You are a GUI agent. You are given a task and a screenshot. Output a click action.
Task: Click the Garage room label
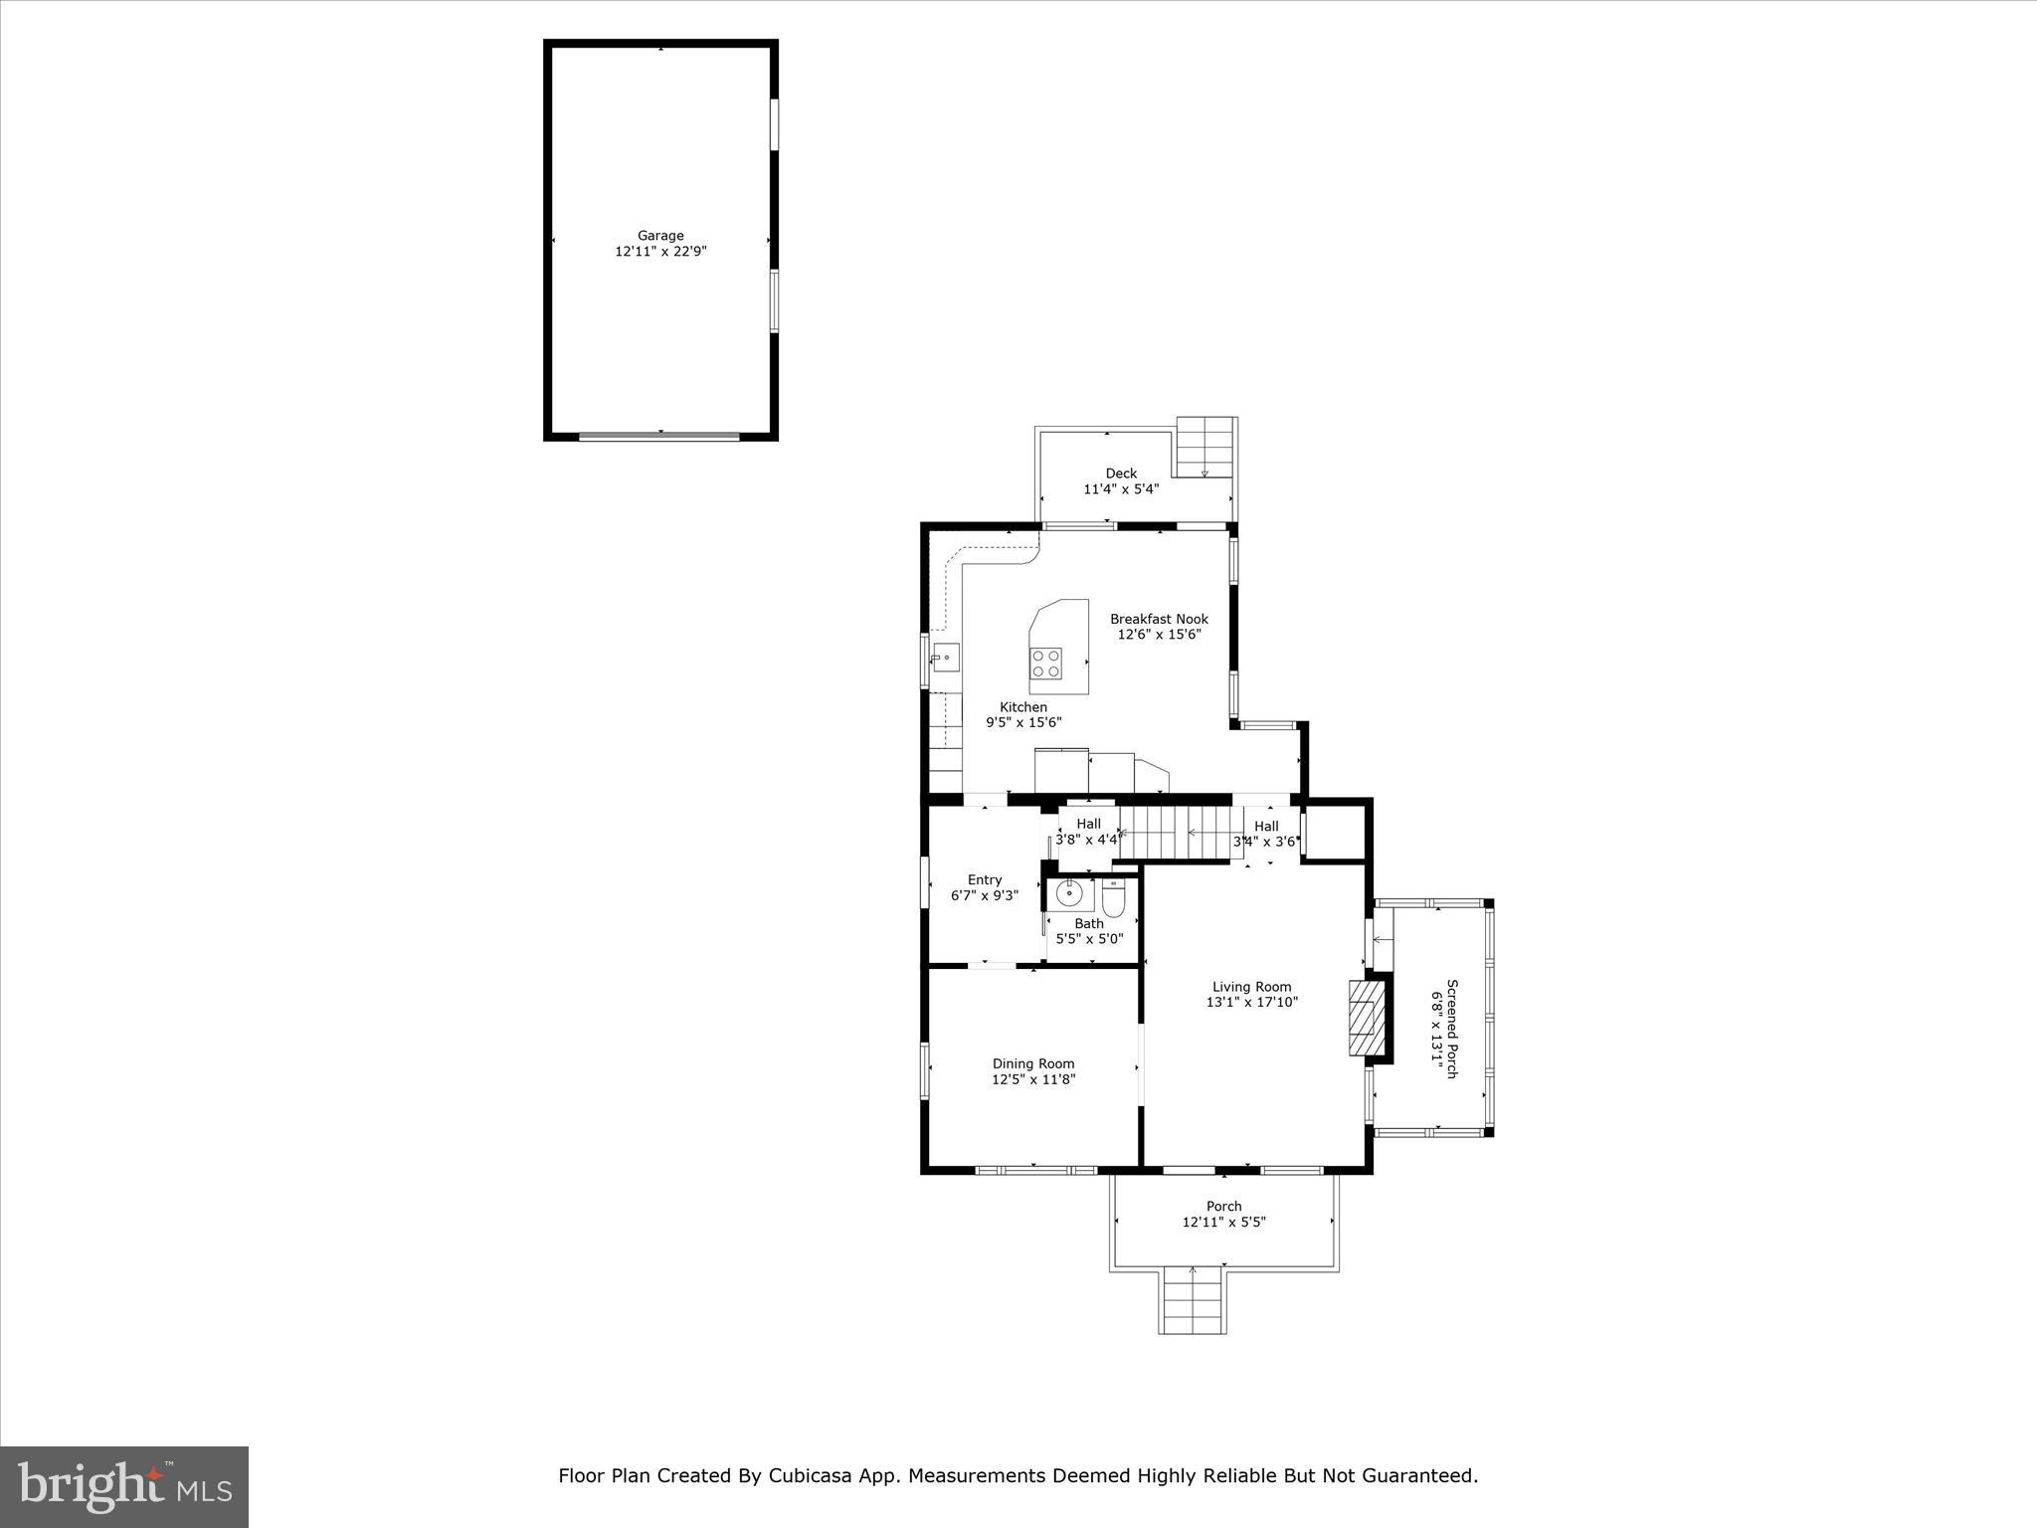pos(660,236)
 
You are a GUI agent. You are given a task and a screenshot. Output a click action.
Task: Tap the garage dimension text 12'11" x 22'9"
pos(660,252)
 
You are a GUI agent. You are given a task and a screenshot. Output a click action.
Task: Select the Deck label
pos(1121,474)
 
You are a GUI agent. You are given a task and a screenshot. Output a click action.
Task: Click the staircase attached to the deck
pos(1204,448)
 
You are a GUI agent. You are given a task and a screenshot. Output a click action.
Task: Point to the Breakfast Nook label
pos(1159,619)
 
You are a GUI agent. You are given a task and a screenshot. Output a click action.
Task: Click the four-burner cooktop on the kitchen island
pos(1045,664)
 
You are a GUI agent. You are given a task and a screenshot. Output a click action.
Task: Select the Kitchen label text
pos(1023,707)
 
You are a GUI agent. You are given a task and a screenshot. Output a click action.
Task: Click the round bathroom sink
pos(1069,893)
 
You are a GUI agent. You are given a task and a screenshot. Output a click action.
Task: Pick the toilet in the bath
pos(1113,899)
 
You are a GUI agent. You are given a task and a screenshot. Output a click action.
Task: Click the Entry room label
pos(985,879)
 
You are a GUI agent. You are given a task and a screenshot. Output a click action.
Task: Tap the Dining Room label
pos(1033,1063)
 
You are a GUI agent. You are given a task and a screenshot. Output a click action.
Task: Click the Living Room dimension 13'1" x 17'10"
pos(1251,1003)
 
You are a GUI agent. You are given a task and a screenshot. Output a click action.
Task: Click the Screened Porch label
pos(1451,1029)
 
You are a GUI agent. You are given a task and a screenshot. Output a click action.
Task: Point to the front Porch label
pos(1223,1207)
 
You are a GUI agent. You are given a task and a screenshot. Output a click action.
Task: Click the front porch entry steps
pos(1193,1301)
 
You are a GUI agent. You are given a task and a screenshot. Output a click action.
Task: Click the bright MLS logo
pos(124,1486)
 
